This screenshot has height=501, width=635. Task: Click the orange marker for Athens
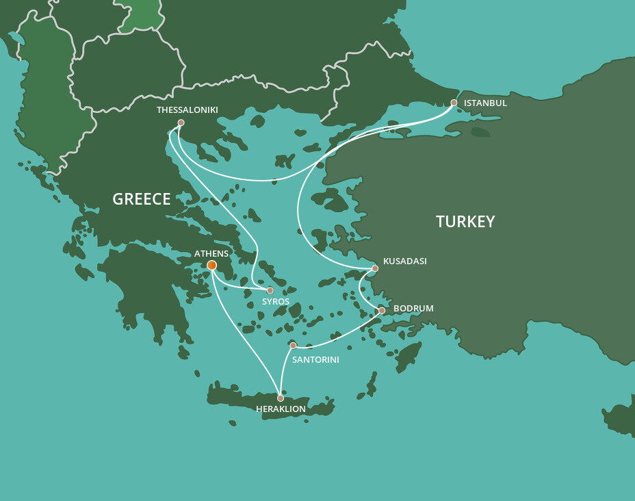point(212,266)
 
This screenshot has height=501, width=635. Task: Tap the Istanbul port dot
point(454,103)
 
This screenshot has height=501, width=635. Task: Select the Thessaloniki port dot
point(181,123)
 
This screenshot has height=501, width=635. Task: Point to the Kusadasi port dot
point(375,268)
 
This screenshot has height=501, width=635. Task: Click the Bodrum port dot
point(382,311)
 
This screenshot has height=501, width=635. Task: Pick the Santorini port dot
point(293,345)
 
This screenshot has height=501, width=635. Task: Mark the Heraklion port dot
point(281,398)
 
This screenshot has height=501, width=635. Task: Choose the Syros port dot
point(270,290)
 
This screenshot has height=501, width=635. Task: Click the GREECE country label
point(142,199)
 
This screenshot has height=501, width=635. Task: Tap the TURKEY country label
point(465,221)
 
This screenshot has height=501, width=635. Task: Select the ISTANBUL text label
point(485,103)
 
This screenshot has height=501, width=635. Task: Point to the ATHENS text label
point(211,253)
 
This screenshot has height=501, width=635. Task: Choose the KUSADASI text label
point(405,261)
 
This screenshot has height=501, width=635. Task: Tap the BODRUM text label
point(413,309)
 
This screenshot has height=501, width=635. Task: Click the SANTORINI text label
point(315,359)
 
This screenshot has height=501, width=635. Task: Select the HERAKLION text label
point(281,409)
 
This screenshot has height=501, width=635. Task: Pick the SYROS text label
point(276,302)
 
